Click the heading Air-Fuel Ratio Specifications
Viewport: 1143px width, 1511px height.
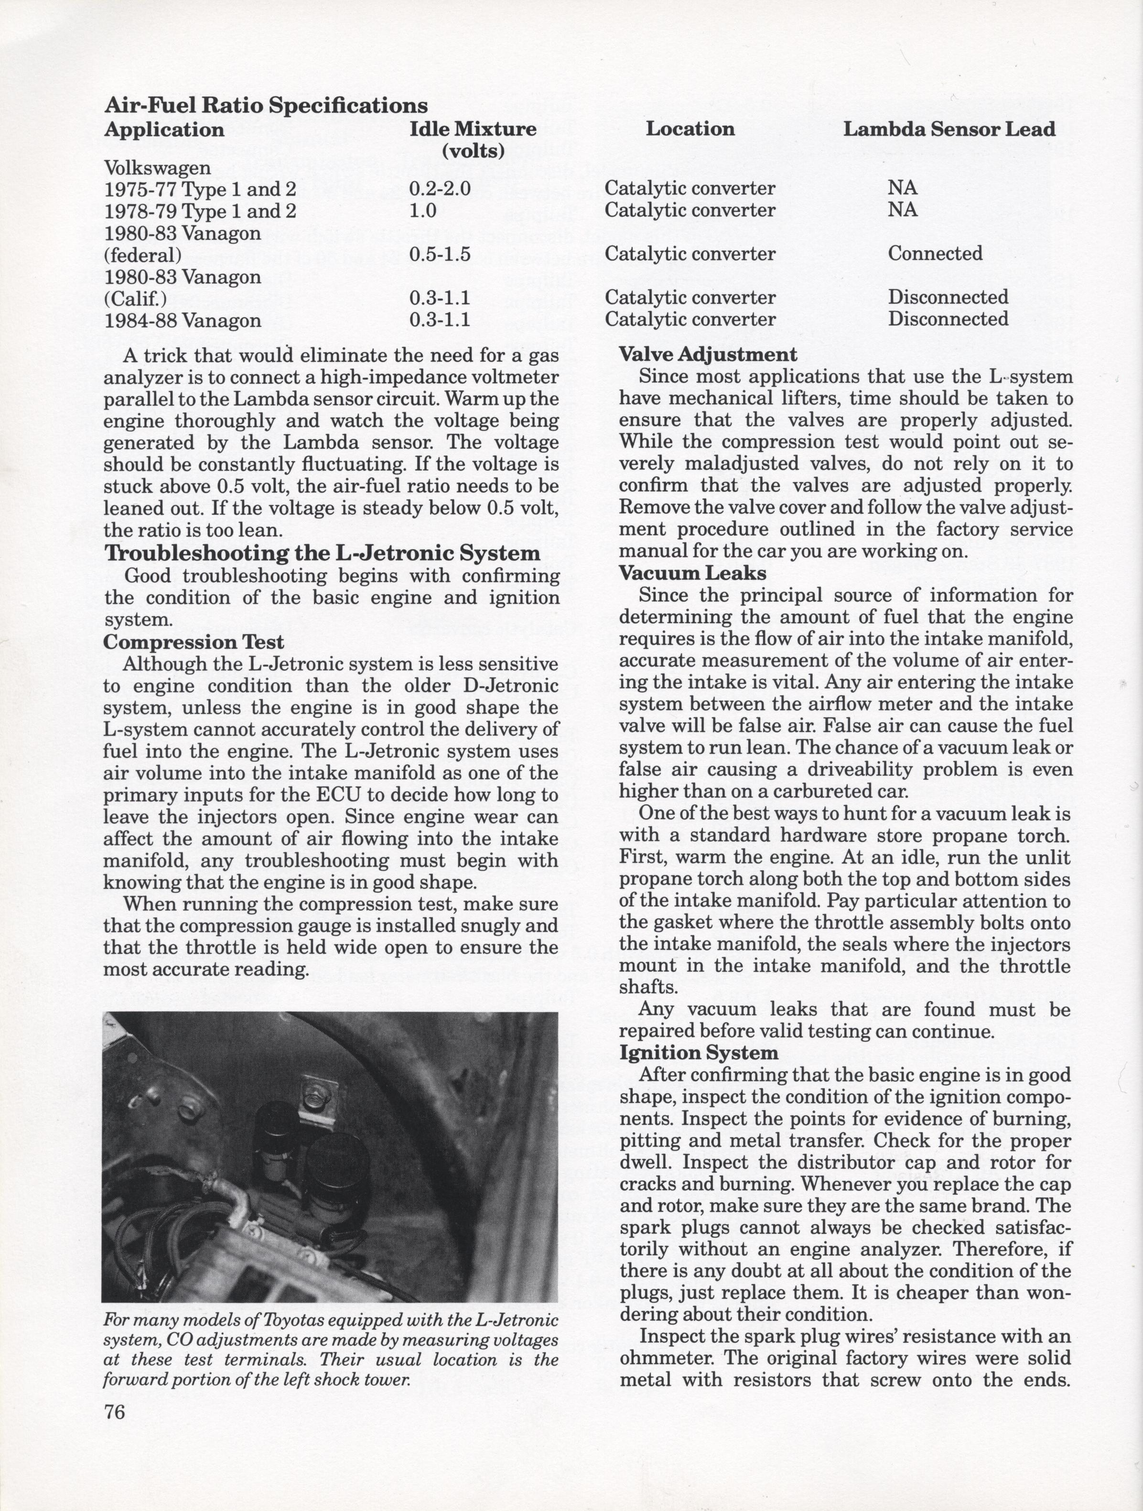pyautogui.click(x=266, y=105)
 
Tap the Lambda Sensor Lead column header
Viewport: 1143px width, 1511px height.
pyautogui.click(x=949, y=129)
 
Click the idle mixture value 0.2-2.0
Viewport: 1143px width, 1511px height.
pyautogui.click(x=440, y=189)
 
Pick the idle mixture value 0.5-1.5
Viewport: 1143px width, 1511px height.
pyautogui.click(x=440, y=254)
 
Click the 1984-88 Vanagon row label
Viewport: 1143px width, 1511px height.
pyautogui.click(x=183, y=320)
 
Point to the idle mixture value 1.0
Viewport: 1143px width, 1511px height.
pyautogui.click(x=422, y=210)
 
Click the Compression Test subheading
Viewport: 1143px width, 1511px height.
pyautogui.click(x=194, y=642)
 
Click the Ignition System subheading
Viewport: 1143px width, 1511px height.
pyautogui.click(x=698, y=1053)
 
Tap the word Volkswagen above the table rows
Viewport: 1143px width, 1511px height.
pyautogui.click(x=157, y=167)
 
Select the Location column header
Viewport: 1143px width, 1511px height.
pyautogui.click(x=690, y=129)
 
